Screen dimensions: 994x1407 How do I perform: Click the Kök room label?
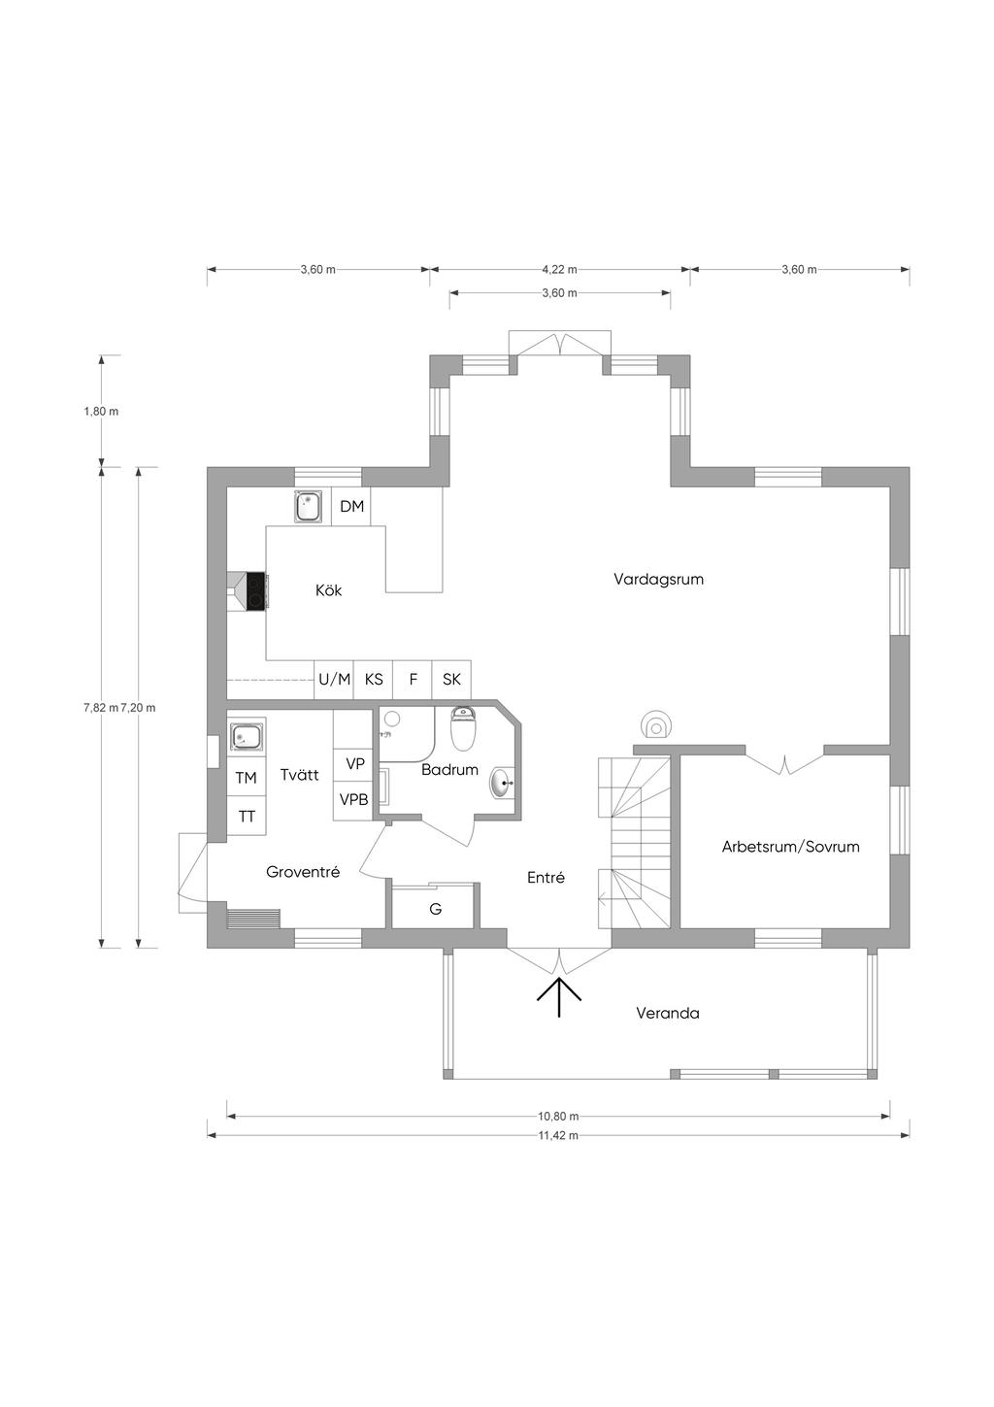[328, 590]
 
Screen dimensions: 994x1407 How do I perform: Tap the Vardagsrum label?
[658, 579]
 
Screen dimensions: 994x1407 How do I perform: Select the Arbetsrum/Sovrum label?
[790, 847]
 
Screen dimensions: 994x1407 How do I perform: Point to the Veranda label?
[668, 1013]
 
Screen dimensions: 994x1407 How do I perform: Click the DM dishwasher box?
[351, 506]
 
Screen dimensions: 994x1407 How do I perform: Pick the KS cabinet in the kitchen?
[374, 679]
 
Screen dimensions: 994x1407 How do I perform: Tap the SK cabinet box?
[451, 679]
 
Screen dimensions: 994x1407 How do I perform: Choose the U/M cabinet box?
[334, 679]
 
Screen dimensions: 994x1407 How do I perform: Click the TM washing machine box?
[247, 778]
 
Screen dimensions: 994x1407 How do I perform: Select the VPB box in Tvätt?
[353, 800]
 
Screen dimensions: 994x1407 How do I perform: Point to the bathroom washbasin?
[503, 783]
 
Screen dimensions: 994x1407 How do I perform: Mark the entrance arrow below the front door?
[559, 997]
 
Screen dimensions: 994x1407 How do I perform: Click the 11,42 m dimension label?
[558, 1135]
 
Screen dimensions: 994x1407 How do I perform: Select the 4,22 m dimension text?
[559, 270]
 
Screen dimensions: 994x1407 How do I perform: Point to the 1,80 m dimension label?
[101, 412]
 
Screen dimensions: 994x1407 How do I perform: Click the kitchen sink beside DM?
[309, 506]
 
